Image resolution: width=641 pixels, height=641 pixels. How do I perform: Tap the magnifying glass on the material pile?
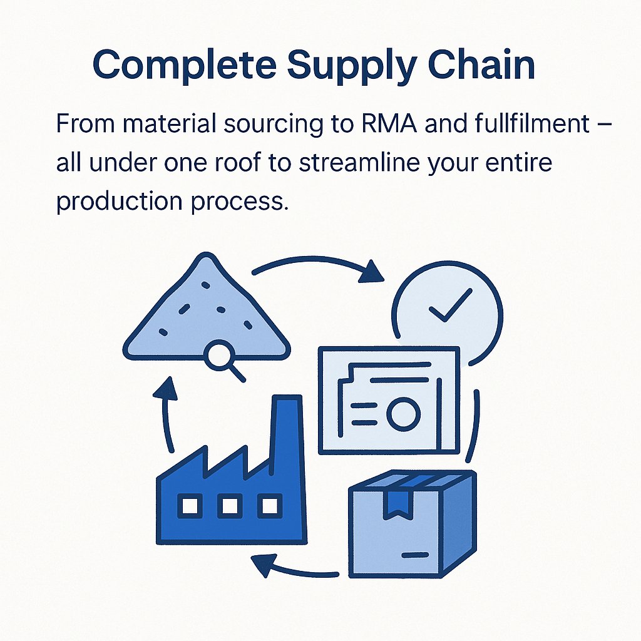220,358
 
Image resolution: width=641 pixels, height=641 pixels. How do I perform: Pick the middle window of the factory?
229,506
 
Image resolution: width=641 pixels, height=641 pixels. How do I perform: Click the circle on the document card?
402,413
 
